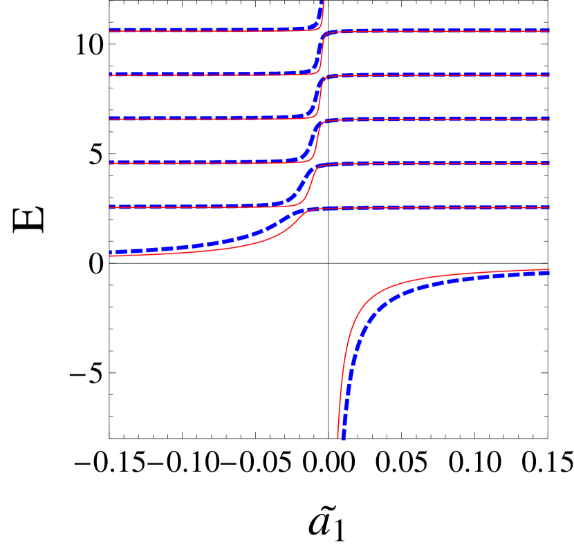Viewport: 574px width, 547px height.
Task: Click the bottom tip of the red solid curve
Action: click(338, 437)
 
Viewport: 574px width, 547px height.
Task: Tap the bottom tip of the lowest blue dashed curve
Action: click(342, 438)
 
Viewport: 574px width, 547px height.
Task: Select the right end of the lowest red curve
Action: click(549, 270)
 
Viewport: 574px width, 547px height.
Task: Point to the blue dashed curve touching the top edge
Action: click(322, 4)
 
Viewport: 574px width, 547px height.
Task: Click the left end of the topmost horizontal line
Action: click(111, 30)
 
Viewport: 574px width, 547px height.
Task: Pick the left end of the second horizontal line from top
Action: click(111, 75)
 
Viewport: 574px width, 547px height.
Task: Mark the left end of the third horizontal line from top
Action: click(111, 119)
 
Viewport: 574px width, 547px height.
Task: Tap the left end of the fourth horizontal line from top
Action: click(111, 163)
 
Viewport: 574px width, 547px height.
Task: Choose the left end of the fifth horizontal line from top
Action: click(111, 207)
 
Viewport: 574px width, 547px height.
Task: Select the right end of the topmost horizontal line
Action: click(549, 30)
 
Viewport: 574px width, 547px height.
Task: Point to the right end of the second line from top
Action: click(549, 75)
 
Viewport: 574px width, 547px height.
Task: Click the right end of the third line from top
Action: click(549, 119)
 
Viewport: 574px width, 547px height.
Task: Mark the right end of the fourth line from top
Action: click(549, 163)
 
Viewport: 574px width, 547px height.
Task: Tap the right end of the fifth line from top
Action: click(549, 207)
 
